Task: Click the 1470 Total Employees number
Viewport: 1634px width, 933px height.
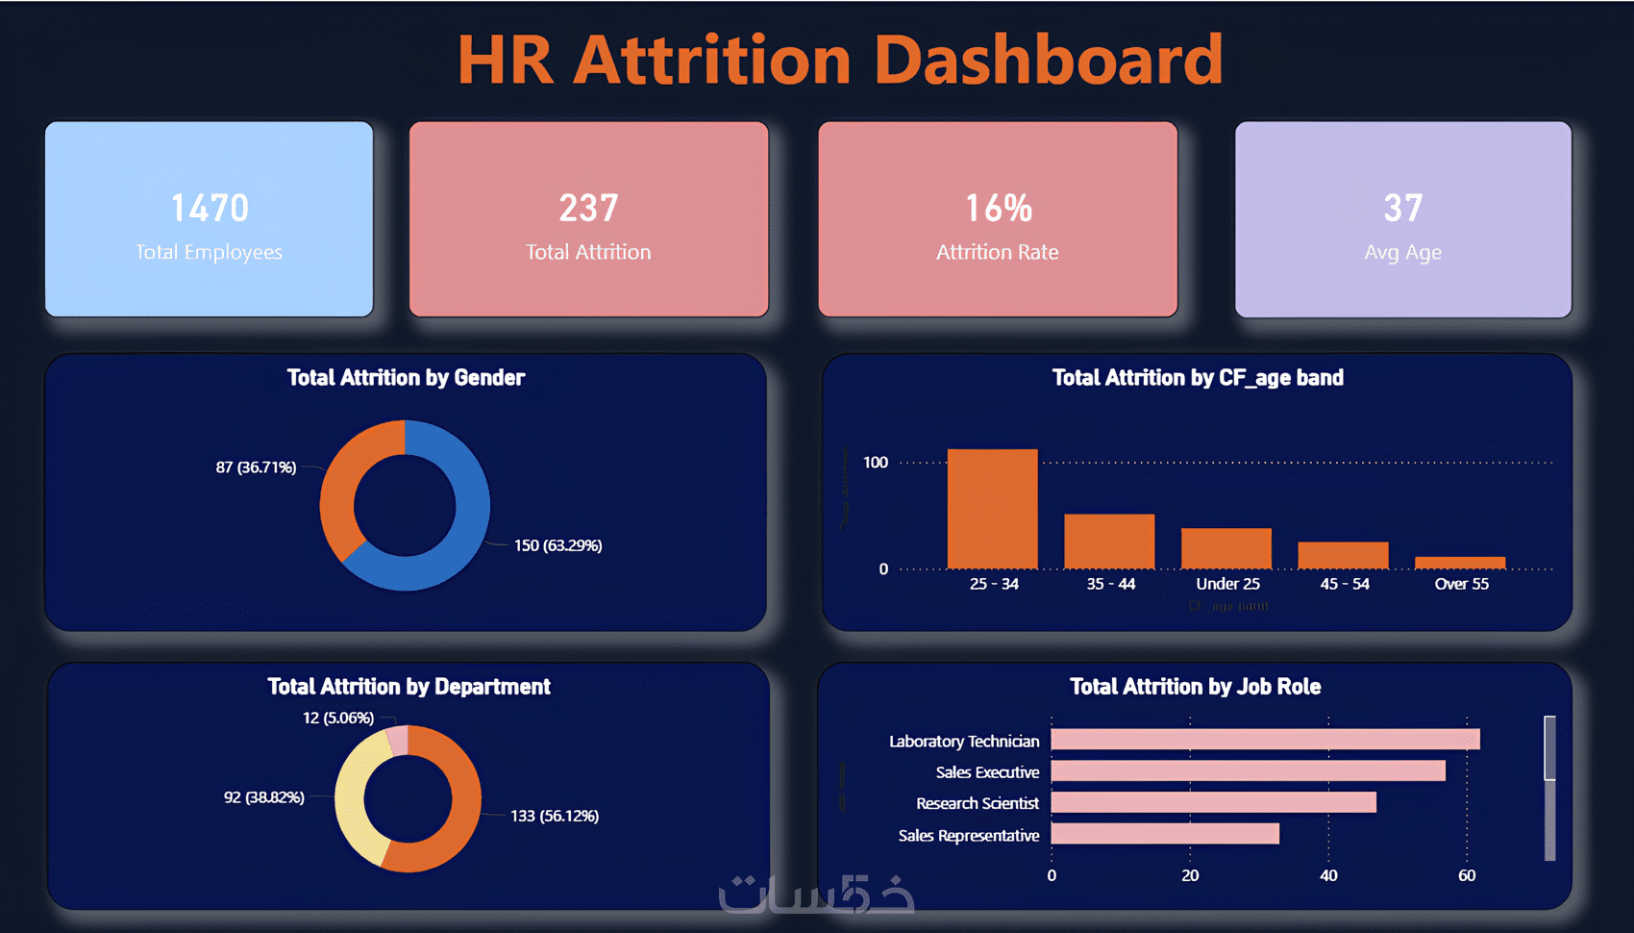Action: (x=210, y=208)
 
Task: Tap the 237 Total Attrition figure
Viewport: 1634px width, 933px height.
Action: (x=588, y=208)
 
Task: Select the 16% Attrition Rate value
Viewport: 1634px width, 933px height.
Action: (x=999, y=208)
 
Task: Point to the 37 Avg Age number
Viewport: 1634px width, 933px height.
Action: (x=1402, y=208)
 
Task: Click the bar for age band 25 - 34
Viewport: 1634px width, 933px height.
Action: (x=992, y=509)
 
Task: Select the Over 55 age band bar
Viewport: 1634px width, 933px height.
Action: (x=1460, y=563)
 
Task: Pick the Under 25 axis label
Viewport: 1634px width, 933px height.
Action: (x=1227, y=584)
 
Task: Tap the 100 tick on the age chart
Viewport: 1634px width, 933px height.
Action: (x=875, y=463)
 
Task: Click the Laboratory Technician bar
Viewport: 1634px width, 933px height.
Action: (x=1265, y=739)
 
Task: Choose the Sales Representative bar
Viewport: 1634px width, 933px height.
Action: (x=1165, y=833)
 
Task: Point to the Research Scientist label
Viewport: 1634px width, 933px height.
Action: (x=977, y=803)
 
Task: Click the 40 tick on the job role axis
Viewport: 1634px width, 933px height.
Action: (x=1328, y=875)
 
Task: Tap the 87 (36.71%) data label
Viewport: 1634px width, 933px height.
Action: (x=256, y=467)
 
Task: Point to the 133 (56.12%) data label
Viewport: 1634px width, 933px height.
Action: (x=555, y=816)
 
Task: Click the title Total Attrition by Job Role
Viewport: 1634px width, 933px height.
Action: (x=1195, y=687)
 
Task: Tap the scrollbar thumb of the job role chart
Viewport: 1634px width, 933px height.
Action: (x=1549, y=747)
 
